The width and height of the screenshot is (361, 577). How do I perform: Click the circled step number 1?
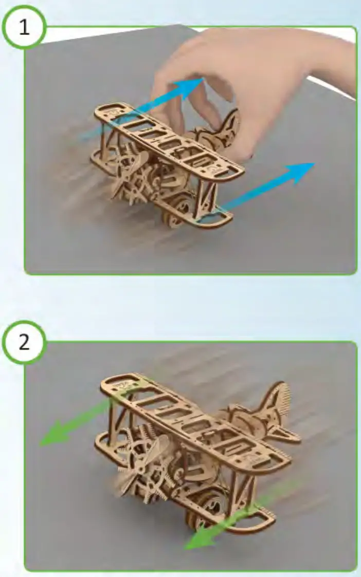[x=24, y=27]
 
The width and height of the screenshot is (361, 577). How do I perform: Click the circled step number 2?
[x=24, y=343]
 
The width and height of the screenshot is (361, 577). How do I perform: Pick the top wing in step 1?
[x=170, y=139]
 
